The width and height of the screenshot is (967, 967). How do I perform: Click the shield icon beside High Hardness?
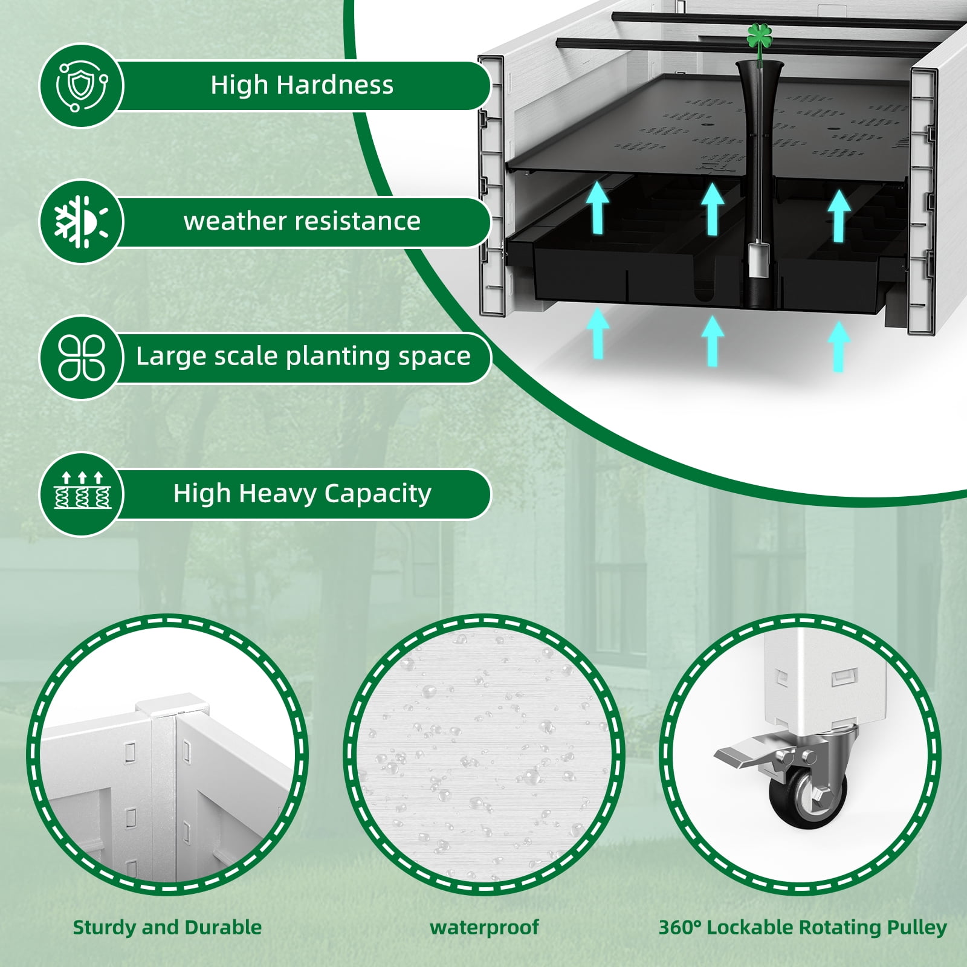coord(82,85)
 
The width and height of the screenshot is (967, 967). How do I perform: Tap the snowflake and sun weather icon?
coord(82,221)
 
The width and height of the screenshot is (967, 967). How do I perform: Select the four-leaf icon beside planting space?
coord(82,357)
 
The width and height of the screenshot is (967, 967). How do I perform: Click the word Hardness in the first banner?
coord(335,85)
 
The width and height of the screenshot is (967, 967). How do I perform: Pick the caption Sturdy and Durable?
coord(167,927)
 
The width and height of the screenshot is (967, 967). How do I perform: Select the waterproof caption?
coord(484,927)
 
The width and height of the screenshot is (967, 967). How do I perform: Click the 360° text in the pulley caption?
coord(680,927)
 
